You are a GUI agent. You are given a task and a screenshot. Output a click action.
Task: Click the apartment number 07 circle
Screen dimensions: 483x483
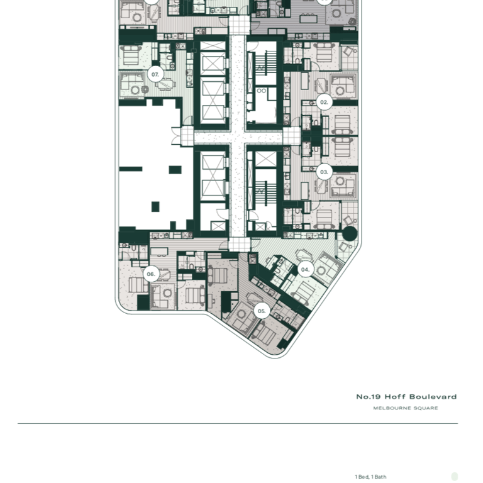[155, 74]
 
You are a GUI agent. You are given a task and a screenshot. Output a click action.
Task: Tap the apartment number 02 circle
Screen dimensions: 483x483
[324, 102]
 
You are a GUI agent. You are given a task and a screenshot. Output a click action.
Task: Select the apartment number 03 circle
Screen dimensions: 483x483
[324, 172]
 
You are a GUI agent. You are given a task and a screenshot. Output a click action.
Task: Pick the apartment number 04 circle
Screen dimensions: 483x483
[305, 270]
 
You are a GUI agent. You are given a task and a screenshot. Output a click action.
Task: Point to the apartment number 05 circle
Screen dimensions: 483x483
[262, 311]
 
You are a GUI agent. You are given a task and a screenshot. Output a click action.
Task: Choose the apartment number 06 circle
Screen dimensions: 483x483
[151, 274]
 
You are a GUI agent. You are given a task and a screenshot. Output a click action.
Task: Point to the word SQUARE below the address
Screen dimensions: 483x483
[427, 408]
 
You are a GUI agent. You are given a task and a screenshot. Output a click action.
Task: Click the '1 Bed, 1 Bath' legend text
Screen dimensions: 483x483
[370, 477]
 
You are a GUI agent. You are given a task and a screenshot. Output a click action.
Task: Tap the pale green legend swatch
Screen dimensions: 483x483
[455, 477]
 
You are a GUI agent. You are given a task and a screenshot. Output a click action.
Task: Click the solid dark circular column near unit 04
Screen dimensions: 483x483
[349, 235]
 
